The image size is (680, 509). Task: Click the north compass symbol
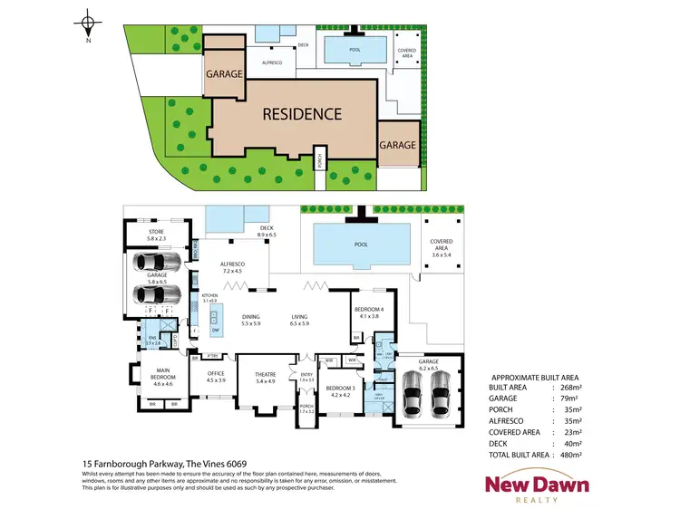click(87, 25)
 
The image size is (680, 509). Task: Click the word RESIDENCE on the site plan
click(302, 114)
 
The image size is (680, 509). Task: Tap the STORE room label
click(156, 234)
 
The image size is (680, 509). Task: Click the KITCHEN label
click(210, 295)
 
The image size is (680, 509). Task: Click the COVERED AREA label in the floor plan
click(442, 245)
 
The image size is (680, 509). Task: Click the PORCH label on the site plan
click(319, 163)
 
